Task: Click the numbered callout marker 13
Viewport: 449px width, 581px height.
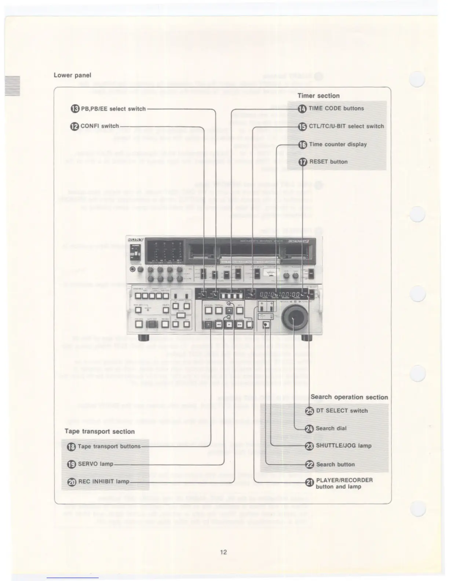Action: (75, 109)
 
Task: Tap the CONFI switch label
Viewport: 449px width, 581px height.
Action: (100, 126)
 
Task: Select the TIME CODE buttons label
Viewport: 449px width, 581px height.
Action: (336, 109)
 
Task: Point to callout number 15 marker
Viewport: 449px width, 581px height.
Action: (302, 127)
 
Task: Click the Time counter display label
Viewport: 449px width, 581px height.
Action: (338, 144)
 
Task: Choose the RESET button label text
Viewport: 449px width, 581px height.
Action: (328, 162)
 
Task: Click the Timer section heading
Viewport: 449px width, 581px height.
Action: (318, 96)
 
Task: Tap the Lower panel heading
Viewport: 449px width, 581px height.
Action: (72, 75)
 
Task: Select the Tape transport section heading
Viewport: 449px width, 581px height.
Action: (99, 431)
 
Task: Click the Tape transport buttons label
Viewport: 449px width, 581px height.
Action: (109, 446)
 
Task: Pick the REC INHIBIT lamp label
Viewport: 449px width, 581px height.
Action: (104, 481)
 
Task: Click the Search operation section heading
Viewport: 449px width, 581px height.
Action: (349, 397)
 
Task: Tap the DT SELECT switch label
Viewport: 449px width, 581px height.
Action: (342, 411)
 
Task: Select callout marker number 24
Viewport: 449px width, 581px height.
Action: (309, 428)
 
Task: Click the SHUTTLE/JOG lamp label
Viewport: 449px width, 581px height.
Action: (344, 446)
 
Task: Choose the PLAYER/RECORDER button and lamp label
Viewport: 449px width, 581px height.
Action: (344, 483)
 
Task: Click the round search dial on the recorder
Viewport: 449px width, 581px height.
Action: (294, 318)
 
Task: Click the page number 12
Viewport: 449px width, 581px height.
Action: (223, 552)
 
